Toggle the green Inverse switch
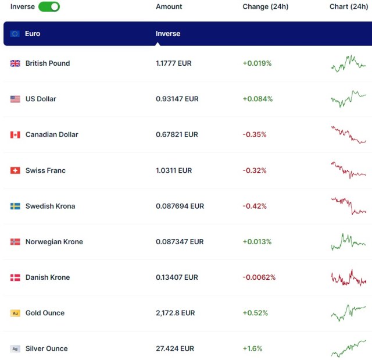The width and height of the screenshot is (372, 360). pyautogui.click(x=49, y=7)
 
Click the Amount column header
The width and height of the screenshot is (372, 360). pyautogui.click(x=169, y=7)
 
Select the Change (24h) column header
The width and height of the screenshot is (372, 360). pyautogui.click(x=265, y=7)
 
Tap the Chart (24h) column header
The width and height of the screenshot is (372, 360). pyautogui.click(x=349, y=7)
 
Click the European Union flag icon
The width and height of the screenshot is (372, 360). pyautogui.click(x=15, y=34)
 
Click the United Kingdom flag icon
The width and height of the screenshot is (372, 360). pyautogui.click(x=15, y=63)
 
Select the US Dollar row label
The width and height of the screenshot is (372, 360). pyautogui.click(x=41, y=99)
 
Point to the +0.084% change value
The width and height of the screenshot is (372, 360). pyautogui.click(x=257, y=99)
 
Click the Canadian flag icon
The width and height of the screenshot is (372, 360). pyautogui.click(x=15, y=135)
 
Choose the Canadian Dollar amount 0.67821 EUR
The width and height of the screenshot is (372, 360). pyautogui.click(x=177, y=134)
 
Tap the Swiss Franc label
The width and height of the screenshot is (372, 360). pyautogui.click(x=45, y=170)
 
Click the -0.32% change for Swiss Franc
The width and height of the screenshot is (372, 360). pyautogui.click(x=255, y=170)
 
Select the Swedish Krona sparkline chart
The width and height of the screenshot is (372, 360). pyautogui.click(x=349, y=206)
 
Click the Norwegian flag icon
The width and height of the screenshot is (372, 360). pyautogui.click(x=15, y=242)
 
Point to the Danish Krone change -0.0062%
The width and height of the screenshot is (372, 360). pyautogui.click(x=259, y=277)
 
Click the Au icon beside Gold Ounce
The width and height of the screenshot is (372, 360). pyautogui.click(x=15, y=313)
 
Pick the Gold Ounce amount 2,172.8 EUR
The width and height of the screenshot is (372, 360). pyautogui.click(x=175, y=313)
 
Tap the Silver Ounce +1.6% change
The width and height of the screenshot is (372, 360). pyautogui.click(x=252, y=349)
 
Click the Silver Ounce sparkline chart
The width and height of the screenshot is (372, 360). pyautogui.click(x=349, y=348)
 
